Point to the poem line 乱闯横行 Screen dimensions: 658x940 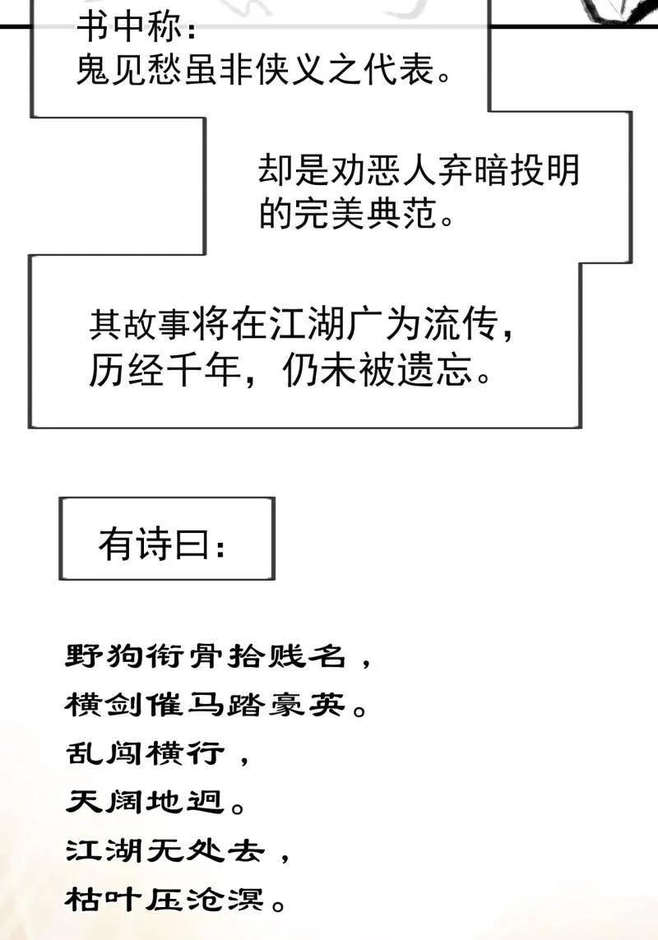coord(145,753)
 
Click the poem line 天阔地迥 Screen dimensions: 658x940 coord(145,802)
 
